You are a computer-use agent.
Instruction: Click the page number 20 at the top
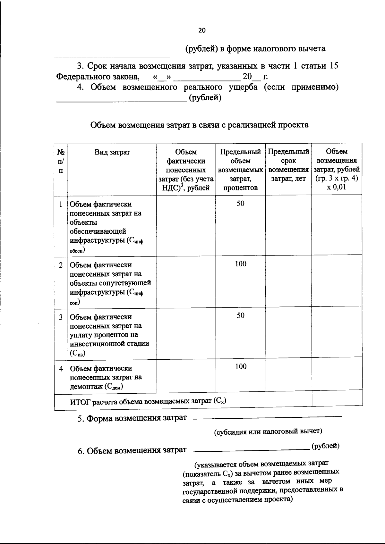click(x=202, y=30)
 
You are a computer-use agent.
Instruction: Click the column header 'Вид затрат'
click(x=112, y=152)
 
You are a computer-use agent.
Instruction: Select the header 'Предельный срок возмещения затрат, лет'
click(x=288, y=165)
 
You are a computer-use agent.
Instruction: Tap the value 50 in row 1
click(x=240, y=204)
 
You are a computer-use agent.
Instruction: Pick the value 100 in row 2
click(x=240, y=264)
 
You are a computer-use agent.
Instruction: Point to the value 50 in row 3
click(x=240, y=315)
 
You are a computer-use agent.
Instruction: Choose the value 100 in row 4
click(x=240, y=366)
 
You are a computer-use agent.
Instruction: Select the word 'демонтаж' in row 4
click(x=85, y=387)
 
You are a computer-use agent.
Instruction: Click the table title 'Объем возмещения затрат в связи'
click(x=199, y=125)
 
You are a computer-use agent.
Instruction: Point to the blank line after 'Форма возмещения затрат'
click(x=268, y=417)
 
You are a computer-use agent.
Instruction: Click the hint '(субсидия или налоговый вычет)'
click(x=268, y=431)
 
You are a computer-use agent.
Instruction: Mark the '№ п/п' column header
click(x=61, y=161)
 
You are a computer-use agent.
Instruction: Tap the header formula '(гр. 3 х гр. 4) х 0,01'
click(x=337, y=183)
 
